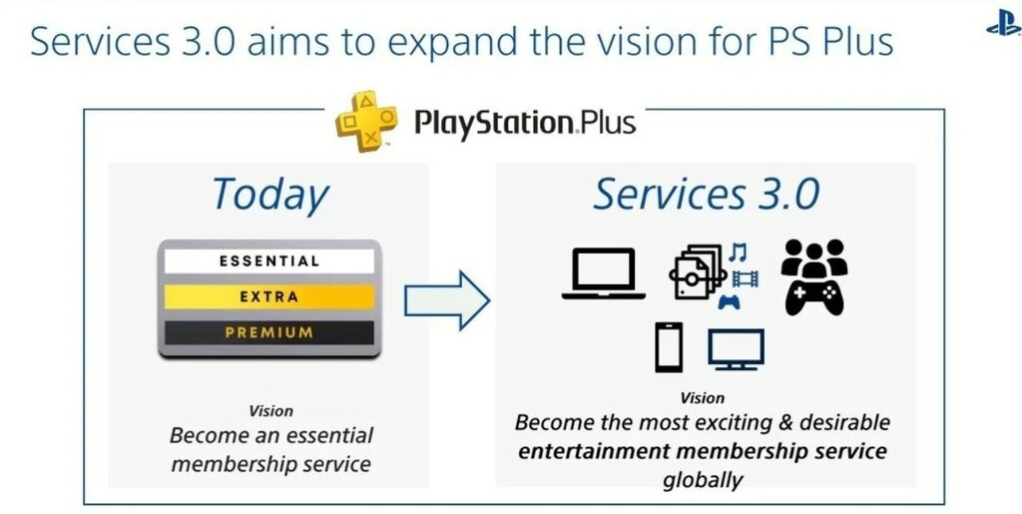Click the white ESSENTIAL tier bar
(269, 261)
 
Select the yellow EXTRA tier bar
(269, 297)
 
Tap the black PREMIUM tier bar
(269, 332)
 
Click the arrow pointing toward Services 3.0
(447, 300)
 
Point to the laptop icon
(604, 273)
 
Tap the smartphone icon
(669, 346)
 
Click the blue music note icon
(738, 253)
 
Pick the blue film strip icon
(746, 279)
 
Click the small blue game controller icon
(730, 302)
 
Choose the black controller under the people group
(814, 297)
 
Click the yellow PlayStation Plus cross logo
(365, 121)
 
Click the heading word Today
(269, 195)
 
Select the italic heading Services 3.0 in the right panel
(706, 194)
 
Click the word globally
(703, 480)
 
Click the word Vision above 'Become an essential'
(270, 411)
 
